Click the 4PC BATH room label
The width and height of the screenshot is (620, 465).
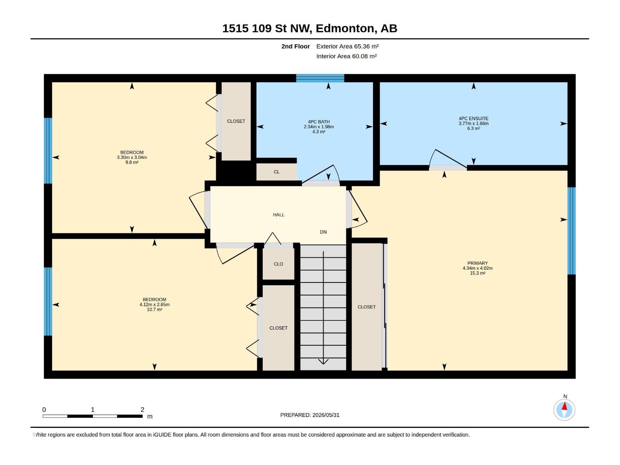pyautogui.click(x=319, y=122)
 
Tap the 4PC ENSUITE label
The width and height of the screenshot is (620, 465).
pyautogui.click(x=474, y=119)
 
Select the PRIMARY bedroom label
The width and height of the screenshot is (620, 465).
pyautogui.click(x=477, y=263)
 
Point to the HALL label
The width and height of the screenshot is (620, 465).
pyautogui.click(x=279, y=215)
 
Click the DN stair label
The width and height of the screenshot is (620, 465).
pyautogui.click(x=323, y=232)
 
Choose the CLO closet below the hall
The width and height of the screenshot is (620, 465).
pyautogui.click(x=278, y=264)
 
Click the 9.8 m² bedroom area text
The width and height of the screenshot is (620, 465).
pyautogui.click(x=132, y=162)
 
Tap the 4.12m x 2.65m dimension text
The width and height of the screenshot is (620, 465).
pyautogui.click(x=155, y=305)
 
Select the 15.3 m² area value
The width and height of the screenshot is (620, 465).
pyautogui.click(x=477, y=273)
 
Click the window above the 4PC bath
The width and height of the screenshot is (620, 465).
pyautogui.click(x=320, y=78)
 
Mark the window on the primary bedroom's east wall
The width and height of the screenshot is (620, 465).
pyautogui.click(x=572, y=231)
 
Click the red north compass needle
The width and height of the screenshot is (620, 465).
pyautogui.click(x=564, y=406)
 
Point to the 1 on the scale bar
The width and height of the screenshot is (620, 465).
pyautogui.click(x=93, y=410)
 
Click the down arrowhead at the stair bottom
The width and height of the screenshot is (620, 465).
pyautogui.click(x=323, y=362)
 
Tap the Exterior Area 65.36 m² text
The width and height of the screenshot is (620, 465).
pyautogui.click(x=348, y=46)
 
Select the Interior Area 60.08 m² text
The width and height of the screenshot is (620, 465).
pyautogui.click(x=346, y=56)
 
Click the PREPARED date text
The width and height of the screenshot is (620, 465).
pyautogui.click(x=310, y=415)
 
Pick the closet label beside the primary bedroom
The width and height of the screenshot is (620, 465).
pyautogui.click(x=366, y=307)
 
